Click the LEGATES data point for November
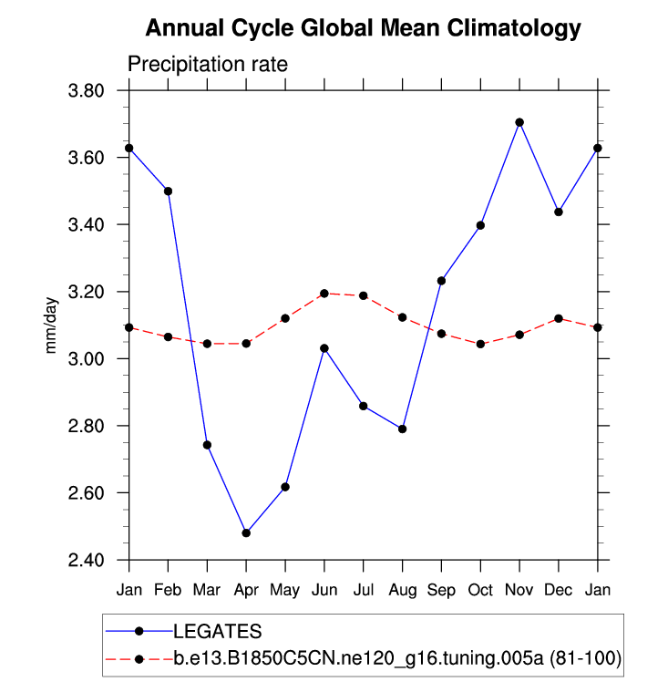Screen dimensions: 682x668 pyautogui.click(x=519, y=122)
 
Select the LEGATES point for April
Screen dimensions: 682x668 pyautogui.click(x=246, y=532)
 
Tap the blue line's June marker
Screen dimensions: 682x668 pyautogui.click(x=324, y=348)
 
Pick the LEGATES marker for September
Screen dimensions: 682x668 pyautogui.click(x=441, y=281)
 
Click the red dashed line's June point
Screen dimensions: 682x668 pyautogui.click(x=324, y=294)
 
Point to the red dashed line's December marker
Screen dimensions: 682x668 pyautogui.click(x=559, y=318)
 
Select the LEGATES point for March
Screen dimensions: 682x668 pyautogui.click(x=207, y=445)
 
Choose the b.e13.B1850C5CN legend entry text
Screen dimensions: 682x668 pyautogui.click(x=397, y=658)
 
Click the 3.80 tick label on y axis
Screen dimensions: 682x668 pyautogui.click(x=94, y=90)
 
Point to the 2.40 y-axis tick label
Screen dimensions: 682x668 pyautogui.click(x=94, y=560)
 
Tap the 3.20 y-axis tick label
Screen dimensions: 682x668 pyautogui.click(x=94, y=292)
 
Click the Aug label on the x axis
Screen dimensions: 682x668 pyautogui.click(x=402, y=591)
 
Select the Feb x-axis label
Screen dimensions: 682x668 pyautogui.click(x=168, y=591)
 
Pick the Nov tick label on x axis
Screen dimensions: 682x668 pyautogui.click(x=519, y=591)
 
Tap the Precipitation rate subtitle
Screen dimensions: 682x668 pyautogui.click(x=207, y=65)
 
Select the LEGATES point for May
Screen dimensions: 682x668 pyautogui.click(x=285, y=487)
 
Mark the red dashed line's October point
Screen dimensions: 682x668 pyautogui.click(x=480, y=344)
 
